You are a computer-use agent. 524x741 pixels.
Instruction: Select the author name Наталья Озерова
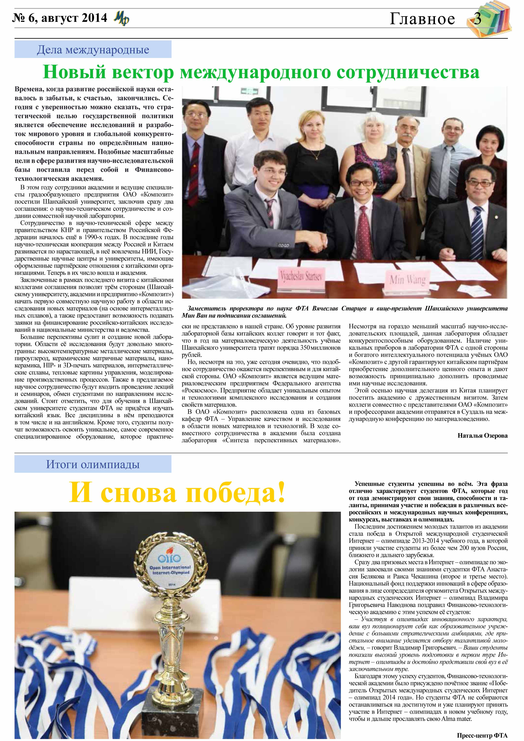click(482, 436)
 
